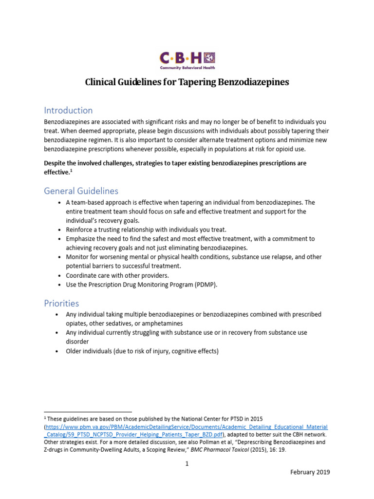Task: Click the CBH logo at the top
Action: (x=187, y=60)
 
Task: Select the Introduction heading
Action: (x=68, y=110)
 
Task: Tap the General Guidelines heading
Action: (x=81, y=191)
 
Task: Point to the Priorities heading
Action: (x=61, y=303)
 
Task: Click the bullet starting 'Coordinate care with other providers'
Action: (x=117, y=275)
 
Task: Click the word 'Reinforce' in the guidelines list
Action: (x=80, y=229)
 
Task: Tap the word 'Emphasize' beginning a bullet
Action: (x=82, y=239)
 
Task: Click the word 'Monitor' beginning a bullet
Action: (x=78, y=257)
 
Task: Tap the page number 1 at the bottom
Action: (x=187, y=463)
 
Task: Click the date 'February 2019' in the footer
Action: (x=310, y=472)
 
